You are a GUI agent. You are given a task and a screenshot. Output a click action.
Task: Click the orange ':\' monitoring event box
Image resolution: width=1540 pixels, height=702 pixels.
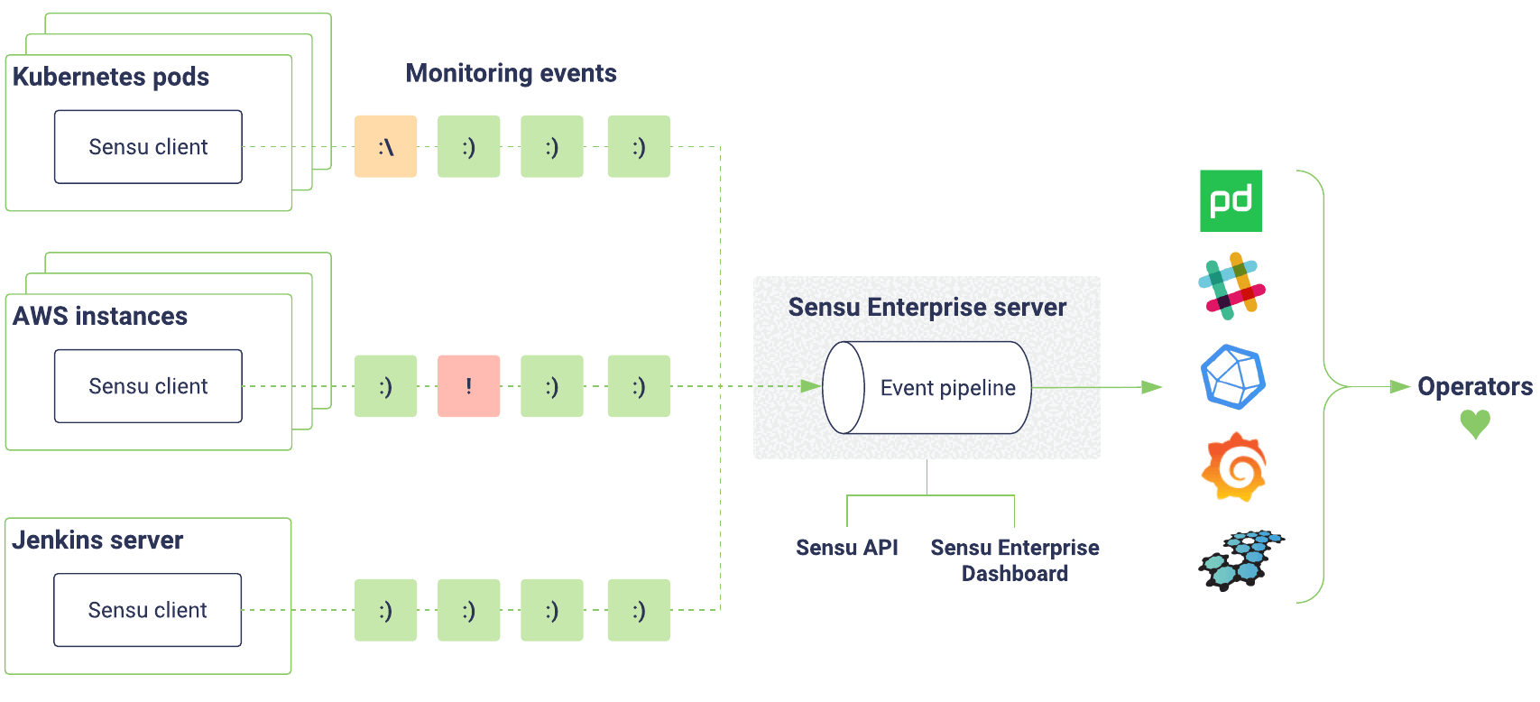tap(386, 146)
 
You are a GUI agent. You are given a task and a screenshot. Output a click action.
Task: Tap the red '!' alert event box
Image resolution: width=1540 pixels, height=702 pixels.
tap(469, 385)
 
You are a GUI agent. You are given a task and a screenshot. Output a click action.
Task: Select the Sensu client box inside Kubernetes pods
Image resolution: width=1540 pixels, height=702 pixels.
tap(149, 146)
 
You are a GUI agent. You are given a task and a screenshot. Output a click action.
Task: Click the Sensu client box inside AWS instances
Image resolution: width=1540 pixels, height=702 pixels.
tap(149, 385)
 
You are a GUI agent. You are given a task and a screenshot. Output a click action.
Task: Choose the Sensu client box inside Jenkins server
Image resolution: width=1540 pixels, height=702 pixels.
tap(148, 610)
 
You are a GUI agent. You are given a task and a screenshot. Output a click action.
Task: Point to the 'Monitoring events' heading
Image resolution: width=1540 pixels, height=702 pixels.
tap(511, 73)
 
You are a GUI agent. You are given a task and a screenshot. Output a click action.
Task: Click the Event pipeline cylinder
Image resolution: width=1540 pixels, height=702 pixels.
tap(927, 388)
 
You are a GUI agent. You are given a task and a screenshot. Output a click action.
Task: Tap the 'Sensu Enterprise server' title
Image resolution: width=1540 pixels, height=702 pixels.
tap(927, 307)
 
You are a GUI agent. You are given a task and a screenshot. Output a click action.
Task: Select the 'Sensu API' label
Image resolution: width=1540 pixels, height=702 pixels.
tap(847, 548)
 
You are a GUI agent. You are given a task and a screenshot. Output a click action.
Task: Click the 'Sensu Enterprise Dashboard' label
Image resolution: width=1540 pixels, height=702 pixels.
tap(1015, 560)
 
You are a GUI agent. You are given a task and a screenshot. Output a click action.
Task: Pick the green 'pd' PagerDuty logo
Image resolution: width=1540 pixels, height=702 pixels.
tap(1231, 201)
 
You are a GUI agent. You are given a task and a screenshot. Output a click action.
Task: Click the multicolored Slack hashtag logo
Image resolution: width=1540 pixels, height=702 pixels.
tap(1231, 286)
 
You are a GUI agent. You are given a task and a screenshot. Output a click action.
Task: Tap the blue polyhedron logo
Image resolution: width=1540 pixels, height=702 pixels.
tap(1233, 377)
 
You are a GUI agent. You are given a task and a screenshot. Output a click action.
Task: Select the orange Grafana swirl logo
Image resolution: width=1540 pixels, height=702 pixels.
tap(1234, 466)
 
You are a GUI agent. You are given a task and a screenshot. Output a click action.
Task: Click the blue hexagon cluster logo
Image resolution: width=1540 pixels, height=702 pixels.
tap(1241, 559)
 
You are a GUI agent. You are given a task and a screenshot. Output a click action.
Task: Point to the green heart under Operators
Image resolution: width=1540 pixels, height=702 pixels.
tap(1475, 423)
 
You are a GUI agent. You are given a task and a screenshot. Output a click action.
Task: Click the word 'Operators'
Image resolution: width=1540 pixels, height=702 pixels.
tap(1475, 386)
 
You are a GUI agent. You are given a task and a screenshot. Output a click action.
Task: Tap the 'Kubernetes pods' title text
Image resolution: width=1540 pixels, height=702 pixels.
tap(111, 77)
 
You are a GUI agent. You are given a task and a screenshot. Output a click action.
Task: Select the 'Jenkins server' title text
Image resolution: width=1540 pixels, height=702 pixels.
tap(97, 540)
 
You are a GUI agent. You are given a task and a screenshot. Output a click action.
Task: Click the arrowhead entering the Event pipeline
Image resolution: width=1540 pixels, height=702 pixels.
tap(811, 386)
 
